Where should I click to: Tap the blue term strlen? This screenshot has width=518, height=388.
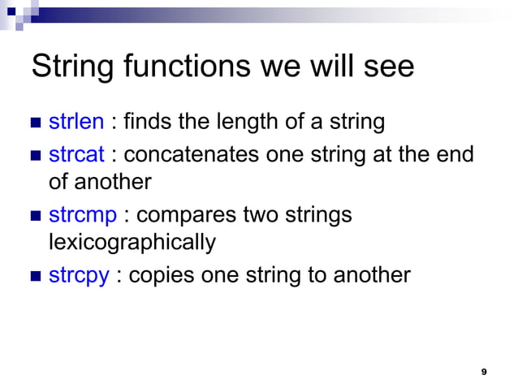tap(76, 122)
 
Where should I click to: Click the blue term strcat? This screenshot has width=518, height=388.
tap(77, 153)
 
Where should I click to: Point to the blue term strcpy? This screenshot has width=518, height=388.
tap(79, 275)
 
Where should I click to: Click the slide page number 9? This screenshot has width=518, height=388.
tap(484, 371)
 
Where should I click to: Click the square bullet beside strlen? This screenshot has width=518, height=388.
tap(35, 123)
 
